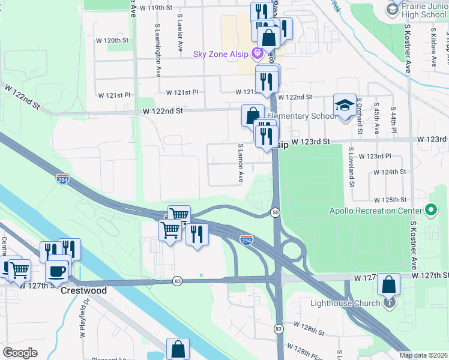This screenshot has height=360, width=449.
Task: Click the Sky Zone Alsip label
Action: tap(221, 54)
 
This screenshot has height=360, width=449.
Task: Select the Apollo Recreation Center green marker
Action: tap(430, 210)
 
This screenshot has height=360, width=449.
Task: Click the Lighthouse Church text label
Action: tap(345, 303)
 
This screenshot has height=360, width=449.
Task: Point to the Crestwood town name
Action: tap(84, 290)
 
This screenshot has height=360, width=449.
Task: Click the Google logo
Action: tap(20, 353)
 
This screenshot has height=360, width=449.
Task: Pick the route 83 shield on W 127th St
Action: tap(177, 281)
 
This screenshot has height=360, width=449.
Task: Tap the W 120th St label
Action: tap(113, 40)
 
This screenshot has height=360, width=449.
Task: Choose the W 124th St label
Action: tap(390, 172)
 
